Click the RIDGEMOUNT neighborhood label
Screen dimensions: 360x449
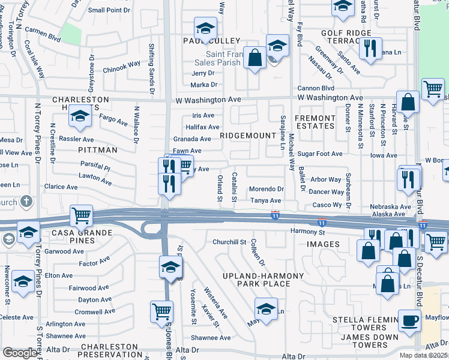[x=247, y=136]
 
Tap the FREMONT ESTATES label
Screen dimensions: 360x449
[x=315, y=122]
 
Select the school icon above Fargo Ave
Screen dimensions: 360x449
[x=79, y=115]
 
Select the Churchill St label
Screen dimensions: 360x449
[x=229, y=242]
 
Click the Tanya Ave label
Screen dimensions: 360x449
[x=265, y=200]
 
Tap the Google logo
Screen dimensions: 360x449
[x=20, y=353]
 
